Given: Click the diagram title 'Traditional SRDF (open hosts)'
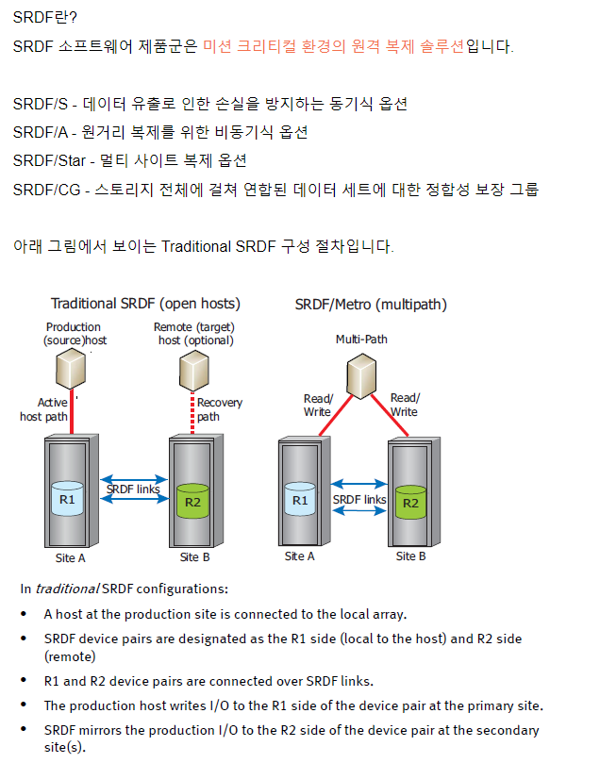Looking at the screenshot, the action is coord(145,304).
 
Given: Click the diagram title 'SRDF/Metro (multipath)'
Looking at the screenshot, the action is coord(371,304).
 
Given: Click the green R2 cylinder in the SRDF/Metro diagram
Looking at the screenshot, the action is coord(410,500).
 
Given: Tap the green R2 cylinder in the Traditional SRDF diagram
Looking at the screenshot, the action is coord(192,500).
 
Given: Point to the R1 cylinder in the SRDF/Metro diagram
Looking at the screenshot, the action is coord(300,499).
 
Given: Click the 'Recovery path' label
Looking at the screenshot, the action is coord(219,409).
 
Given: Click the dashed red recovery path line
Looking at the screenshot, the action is coord(192,414).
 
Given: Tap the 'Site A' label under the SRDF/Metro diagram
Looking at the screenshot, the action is coord(300,556).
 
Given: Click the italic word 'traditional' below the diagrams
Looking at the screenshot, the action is coord(66,589).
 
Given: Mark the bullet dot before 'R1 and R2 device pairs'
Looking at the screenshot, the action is coord(25,681).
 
